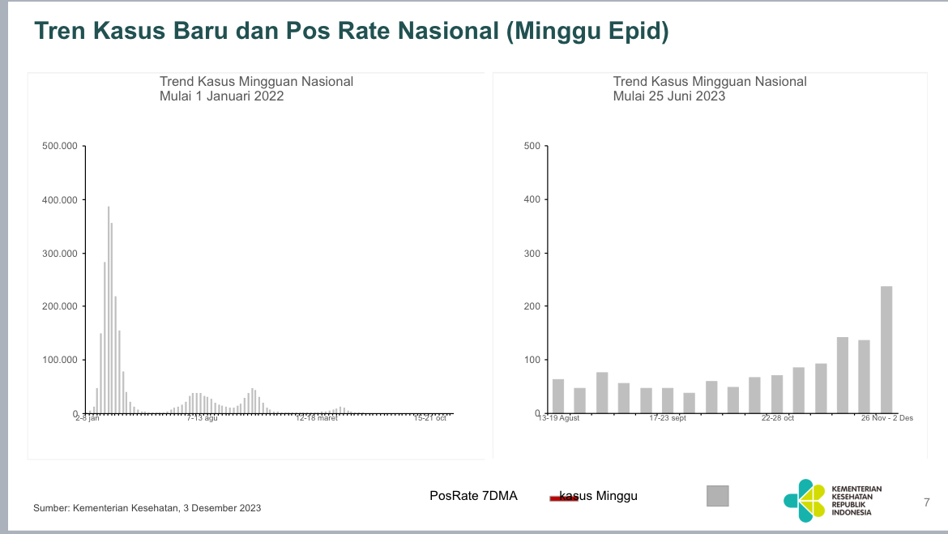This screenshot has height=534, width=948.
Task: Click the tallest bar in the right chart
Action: click(x=886, y=349)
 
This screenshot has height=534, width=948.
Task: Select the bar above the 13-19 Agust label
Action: click(x=558, y=396)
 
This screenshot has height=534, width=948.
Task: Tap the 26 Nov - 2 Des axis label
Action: click(x=886, y=419)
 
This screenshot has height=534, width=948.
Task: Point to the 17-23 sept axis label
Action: click(x=668, y=419)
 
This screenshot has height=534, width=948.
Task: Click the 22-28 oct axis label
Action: click(x=777, y=419)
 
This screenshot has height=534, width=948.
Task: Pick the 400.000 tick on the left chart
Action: click(x=59, y=200)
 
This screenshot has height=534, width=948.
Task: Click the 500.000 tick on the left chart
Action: click(x=59, y=147)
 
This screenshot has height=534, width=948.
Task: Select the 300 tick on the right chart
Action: click(x=532, y=254)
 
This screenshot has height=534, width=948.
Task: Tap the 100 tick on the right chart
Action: click(x=532, y=360)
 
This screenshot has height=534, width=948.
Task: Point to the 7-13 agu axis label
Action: click(x=202, y=419)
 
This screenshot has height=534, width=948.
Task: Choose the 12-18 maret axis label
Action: click(x=317, y=419)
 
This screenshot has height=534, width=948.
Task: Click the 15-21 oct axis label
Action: click(x=430, y=419)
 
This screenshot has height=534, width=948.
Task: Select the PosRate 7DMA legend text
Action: click(x=473, y=496)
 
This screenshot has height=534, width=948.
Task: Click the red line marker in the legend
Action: click(x=563, y=498)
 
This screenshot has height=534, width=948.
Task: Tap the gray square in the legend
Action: click(x=717, y=496)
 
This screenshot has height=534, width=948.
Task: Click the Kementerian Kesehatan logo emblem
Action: click(x=803, y=500)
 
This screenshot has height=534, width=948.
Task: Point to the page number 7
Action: click(x=927, y=502)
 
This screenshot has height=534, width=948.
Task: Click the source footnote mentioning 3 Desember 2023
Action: click(x=147, y=508)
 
